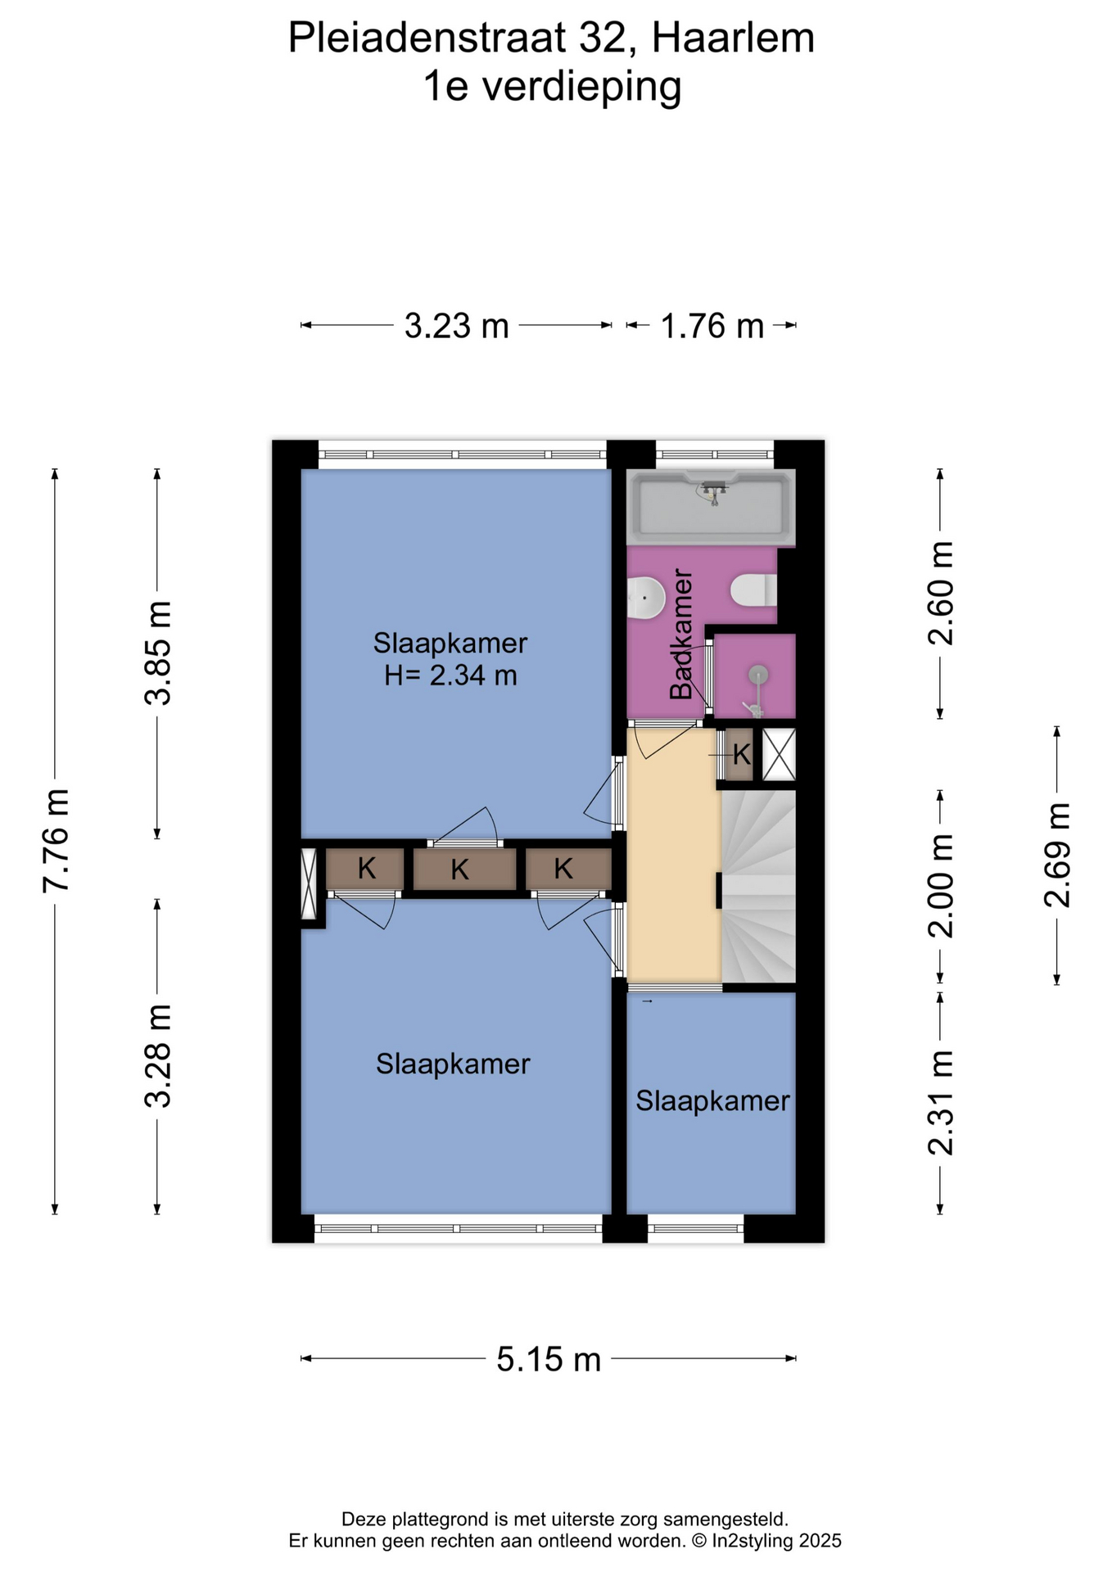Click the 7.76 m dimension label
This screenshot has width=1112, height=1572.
(x=57, y=840)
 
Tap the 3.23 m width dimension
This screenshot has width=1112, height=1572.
(x=457, y=326)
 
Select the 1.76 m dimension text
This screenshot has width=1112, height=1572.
(x=712, y=326)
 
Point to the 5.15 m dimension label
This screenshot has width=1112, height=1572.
(x=549, y=1359)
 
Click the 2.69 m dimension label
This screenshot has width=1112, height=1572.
(x=1057, y=855)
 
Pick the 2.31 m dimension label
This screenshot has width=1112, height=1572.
(x=941, y=1102)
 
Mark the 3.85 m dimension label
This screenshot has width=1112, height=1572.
(x=158, y=653)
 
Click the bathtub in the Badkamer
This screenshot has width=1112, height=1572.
(x=711, y=508)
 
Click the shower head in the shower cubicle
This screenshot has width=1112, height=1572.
(x=759, y=674)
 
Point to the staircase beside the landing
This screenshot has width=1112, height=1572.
(x=758, y=886)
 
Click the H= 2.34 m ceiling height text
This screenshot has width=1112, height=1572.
(x=450, y=676)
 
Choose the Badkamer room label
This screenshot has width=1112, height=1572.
(x=681, y=635)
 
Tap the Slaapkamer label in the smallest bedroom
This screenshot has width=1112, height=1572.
(x=712, y=1101)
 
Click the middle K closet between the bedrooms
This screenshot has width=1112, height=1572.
(x=460, y=869)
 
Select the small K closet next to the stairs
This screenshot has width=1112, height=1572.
(x=740, y=753)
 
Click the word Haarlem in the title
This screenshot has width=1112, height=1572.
(x=733, y=38)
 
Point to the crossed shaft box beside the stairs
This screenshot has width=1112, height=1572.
(x=779, y=753)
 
